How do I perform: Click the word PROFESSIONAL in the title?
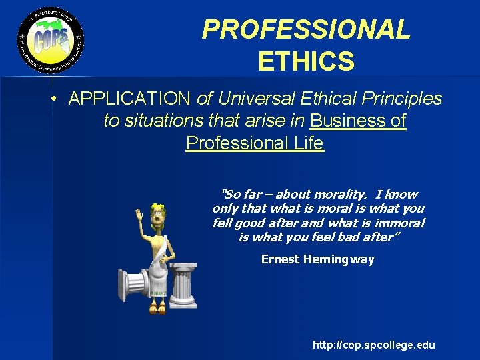coord(306,29)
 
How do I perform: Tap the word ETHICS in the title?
coord(306,62)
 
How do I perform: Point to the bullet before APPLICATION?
coord(51,99)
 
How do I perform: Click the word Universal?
coord(255,99)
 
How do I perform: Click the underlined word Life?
coord(307,143)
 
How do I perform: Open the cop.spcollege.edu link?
coord(373,345)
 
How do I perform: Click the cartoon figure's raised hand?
coord(139,216)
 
